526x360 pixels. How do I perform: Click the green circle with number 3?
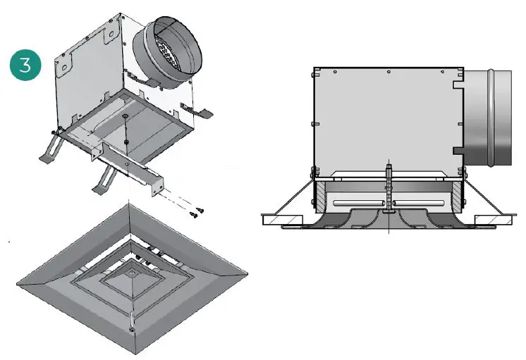25,66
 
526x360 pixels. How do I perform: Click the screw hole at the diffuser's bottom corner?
132,328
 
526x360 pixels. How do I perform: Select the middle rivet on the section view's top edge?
389,71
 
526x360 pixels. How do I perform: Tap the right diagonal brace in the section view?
487,198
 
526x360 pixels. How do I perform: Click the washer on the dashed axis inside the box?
125,116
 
